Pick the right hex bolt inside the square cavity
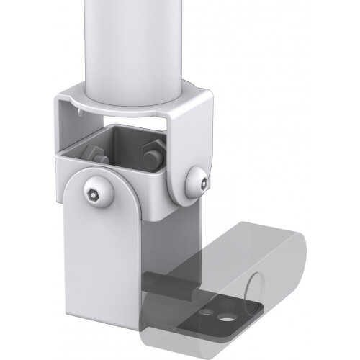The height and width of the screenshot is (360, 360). point(153,154)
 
